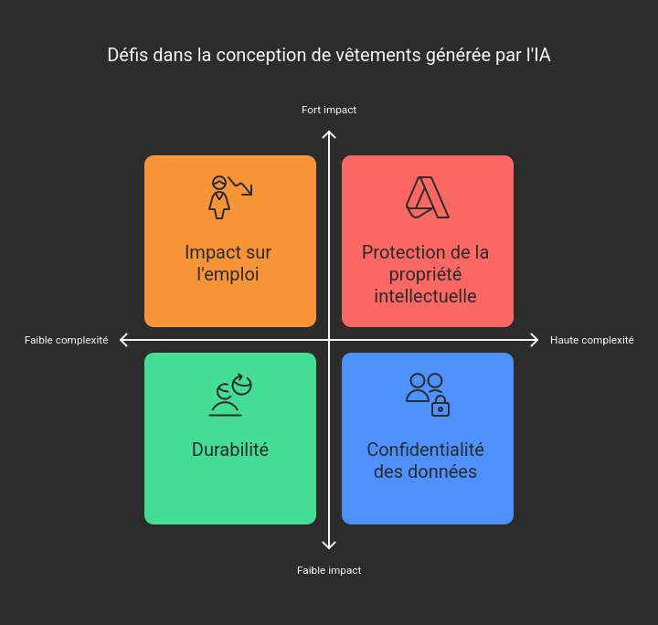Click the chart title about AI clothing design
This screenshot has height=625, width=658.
329,55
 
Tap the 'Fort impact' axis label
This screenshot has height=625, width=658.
329,110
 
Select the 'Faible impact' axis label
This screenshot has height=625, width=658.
329,570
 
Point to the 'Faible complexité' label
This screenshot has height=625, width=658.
67,340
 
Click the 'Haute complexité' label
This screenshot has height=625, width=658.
591,340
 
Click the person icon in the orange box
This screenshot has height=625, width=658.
219,197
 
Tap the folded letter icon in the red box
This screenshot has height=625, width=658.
428,197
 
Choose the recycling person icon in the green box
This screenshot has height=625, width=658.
230,395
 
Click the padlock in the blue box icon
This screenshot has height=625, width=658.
440,406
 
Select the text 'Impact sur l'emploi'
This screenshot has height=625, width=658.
228,263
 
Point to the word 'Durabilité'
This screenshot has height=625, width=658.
230,450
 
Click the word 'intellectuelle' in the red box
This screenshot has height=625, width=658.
426,296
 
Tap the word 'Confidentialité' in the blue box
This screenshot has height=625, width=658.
426,450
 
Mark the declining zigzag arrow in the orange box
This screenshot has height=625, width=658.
241,185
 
